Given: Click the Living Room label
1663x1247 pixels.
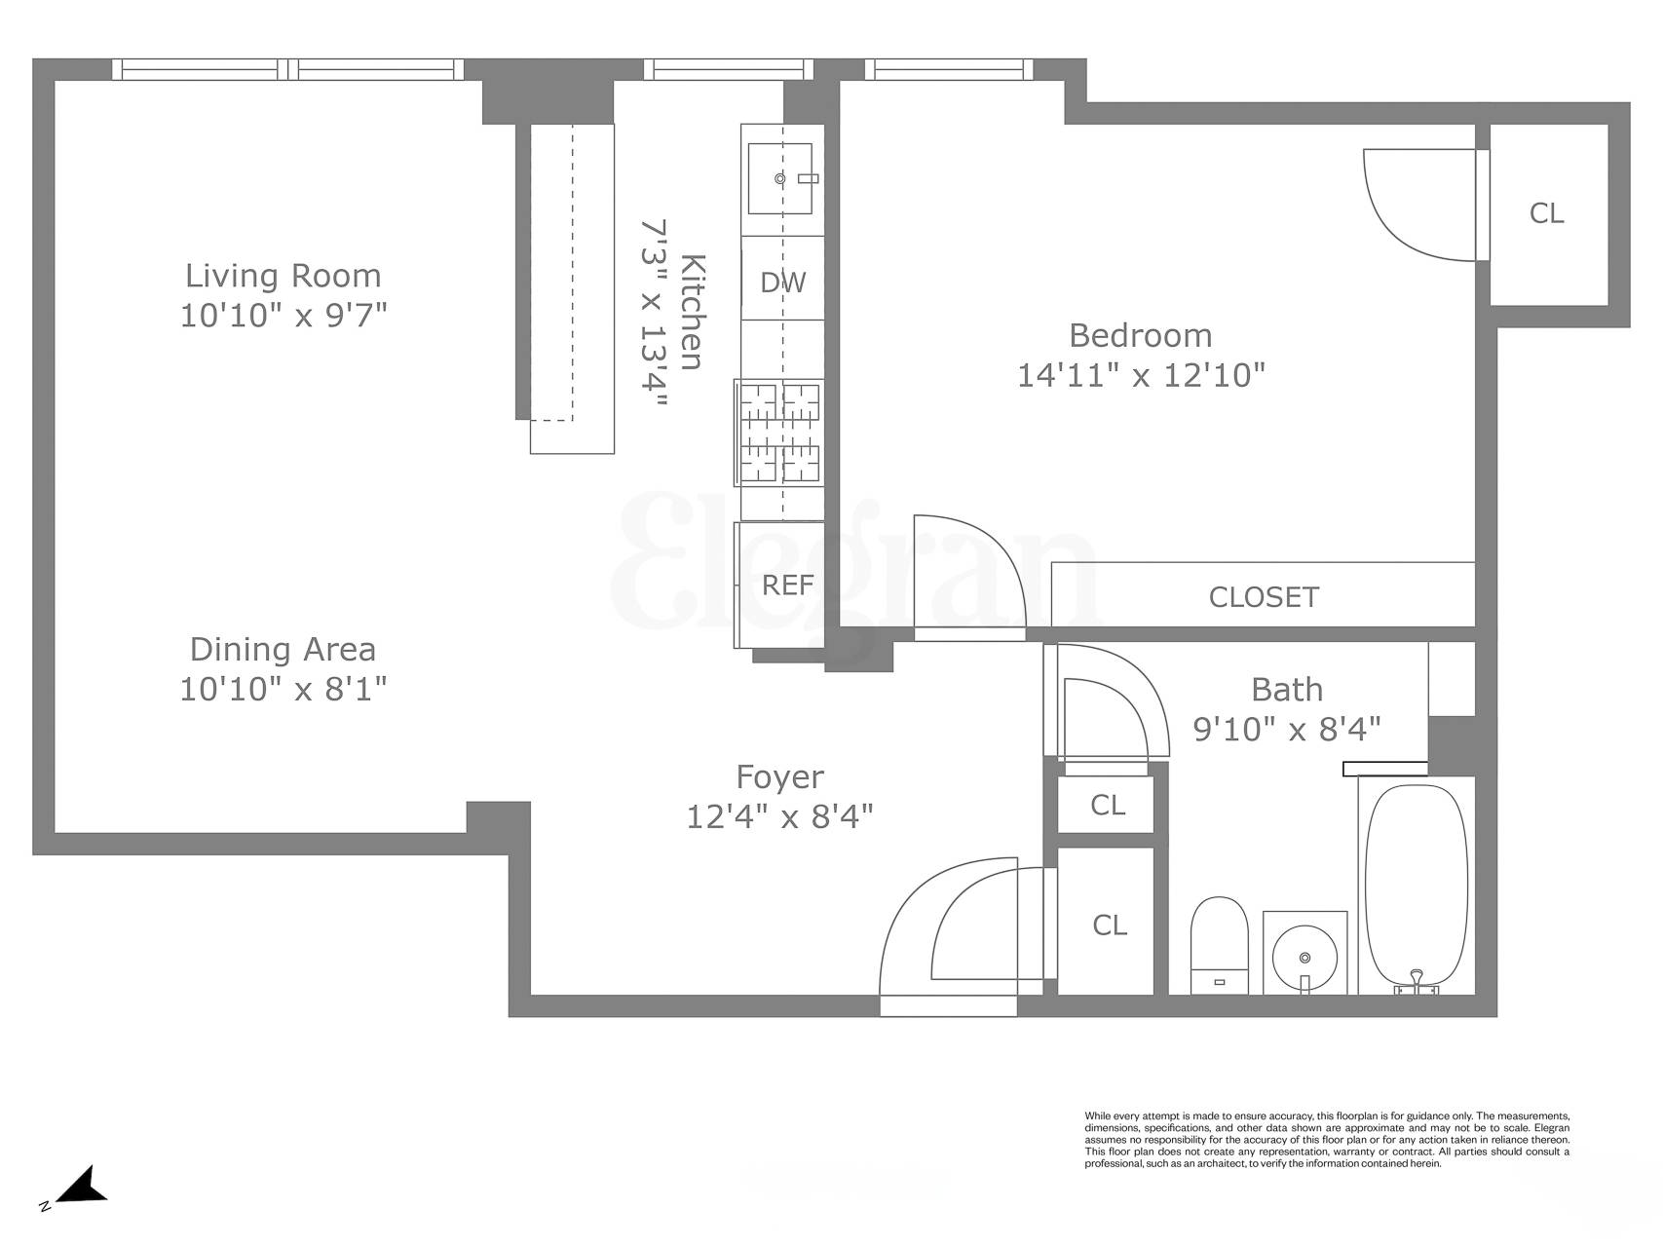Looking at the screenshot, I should [x=283, y=276].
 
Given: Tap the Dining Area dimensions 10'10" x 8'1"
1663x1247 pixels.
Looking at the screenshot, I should [x=283, y=690].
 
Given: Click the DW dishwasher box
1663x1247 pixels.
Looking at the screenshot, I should [x=782, y=282].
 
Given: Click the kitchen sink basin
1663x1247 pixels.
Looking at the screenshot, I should [x=779, y=179].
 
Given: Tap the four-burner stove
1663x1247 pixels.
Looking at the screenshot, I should [x=779, y=433].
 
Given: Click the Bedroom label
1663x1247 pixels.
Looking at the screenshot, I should [x=1140, y=335].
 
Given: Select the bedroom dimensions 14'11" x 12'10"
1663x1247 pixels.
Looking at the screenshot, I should [x=1140, y=375].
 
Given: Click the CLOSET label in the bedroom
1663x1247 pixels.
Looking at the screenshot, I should [x=1263, y=596].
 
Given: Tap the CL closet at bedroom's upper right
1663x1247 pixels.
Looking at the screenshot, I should [x=1546, y=213].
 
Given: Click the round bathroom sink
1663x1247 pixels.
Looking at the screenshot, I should [x=1304, y=951].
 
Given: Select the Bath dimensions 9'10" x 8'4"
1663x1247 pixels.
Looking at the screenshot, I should [x=1286, y=729].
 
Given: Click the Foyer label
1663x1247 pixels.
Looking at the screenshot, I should [x=779, y=776].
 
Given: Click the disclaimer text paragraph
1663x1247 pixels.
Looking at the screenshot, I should [x=1326, y=1139].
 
